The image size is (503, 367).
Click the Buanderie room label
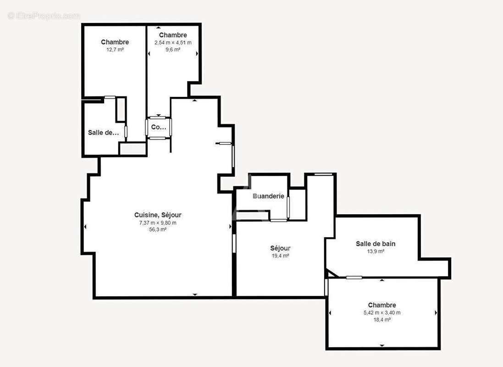coord(268,196)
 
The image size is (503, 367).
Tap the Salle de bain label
coord(376,244)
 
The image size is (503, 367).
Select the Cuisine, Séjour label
coord(158,215)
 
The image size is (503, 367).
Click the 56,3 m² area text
coord(158,229)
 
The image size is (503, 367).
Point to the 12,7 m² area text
coord(115,50)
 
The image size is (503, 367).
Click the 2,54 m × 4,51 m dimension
coord(173,43)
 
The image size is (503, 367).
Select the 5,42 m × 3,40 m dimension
coord(382,313)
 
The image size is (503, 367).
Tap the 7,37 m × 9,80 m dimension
coord(158,222)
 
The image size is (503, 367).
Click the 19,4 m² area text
coord(280,256)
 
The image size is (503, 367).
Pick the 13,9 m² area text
coord(376,251)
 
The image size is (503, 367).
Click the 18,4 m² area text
coord(382,320)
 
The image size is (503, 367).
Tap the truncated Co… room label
coord(158,128)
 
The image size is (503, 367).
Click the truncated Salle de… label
coord(103,133)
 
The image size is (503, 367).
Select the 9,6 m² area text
coord(173,50)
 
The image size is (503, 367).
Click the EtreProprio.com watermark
coord(44,16)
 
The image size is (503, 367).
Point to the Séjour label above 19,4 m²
coord(280,249)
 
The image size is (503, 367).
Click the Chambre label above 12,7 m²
coord(115,42)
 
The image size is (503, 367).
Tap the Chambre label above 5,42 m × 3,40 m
coord(382,305)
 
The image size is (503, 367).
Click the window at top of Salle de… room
coord(110,97)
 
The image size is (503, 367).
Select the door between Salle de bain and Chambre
coord(354,278)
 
